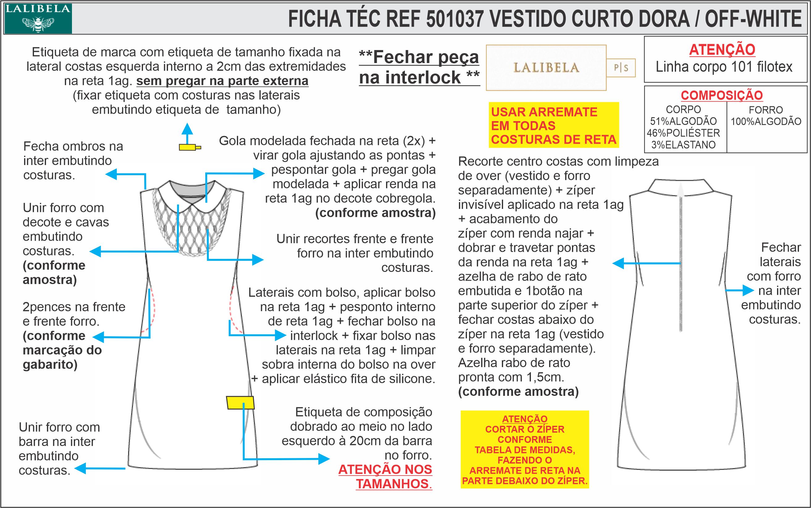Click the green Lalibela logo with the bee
click(38, 19)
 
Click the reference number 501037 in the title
click(455, 19)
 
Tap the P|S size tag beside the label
click(621, 68)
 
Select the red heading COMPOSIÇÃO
click(722, 95)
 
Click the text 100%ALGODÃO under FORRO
click(766, 121)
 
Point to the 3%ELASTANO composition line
click(683, 145)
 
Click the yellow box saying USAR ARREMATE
click(553, 125)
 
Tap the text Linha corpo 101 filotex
click(724, 67)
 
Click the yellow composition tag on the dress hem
click(240, 403)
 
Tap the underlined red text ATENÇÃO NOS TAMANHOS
click(385, 476)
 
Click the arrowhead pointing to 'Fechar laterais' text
click(749, 290)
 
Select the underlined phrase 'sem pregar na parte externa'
click(222, 81)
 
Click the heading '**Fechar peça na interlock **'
click(419, 67)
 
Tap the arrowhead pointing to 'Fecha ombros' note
click(111, 174)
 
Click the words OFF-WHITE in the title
click(753, 19)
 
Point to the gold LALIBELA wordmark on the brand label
click(546, 68)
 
